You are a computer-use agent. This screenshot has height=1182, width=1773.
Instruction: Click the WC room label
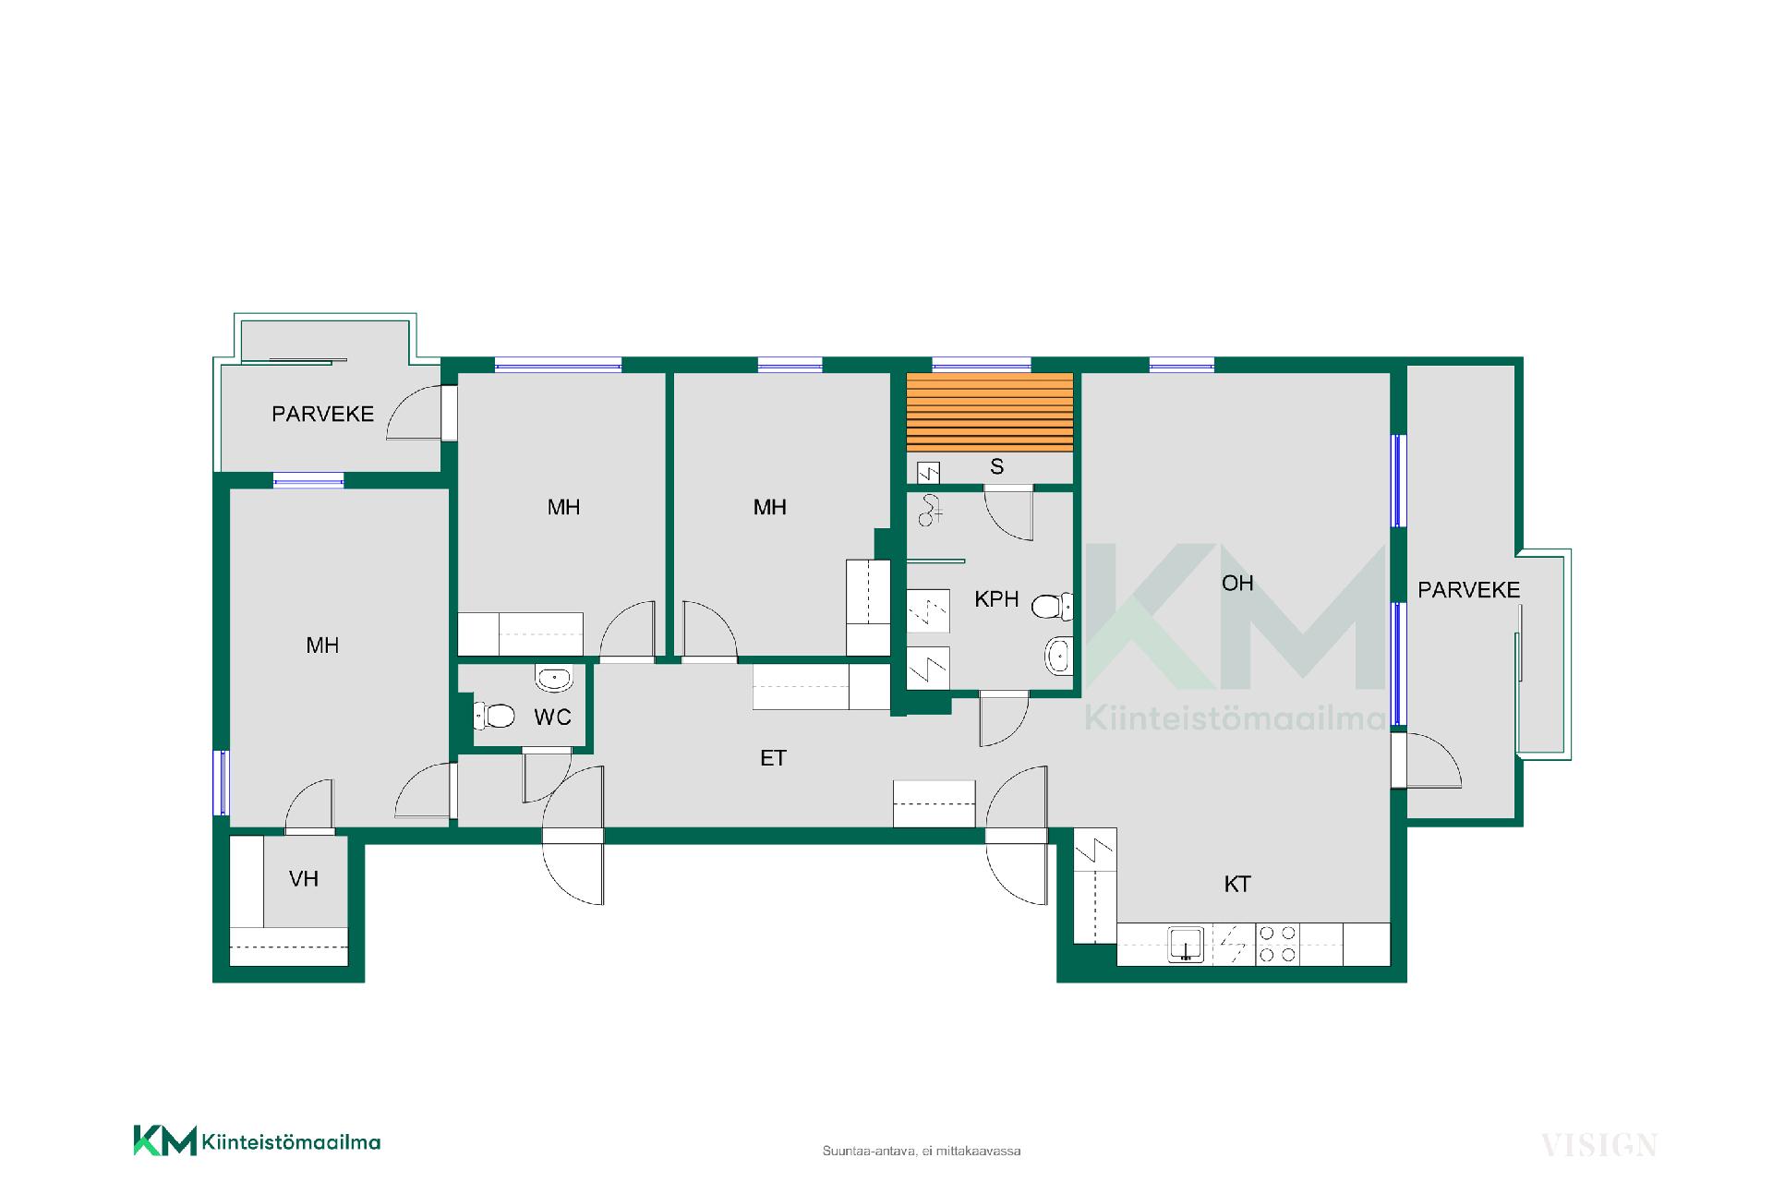coord(552,718)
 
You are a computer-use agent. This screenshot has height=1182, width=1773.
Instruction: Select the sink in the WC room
coord(553,680)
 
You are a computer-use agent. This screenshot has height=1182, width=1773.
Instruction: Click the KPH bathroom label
coord(996,599)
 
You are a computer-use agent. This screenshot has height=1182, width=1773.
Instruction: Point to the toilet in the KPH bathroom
coord(1052,607)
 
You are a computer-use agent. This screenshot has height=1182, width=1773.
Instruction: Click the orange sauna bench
coord(990,412)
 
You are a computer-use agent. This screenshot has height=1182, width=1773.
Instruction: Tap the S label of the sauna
coord(996,467)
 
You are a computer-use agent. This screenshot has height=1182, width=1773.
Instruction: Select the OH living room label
coord(1237,583)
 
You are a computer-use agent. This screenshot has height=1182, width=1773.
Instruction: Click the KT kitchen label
coord(1237,885)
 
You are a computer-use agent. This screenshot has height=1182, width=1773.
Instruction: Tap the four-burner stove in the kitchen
coord(1278,945)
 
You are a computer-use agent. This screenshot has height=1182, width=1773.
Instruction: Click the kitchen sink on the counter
coord(1186,945)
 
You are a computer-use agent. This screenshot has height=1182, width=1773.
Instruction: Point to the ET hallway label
coord(773,758)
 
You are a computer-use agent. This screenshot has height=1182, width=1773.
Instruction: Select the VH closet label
coord(304,879)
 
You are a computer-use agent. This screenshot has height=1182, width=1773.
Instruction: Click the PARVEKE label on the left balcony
coord(323,415)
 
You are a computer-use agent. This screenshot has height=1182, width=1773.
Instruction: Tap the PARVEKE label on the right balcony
coord(1468,590)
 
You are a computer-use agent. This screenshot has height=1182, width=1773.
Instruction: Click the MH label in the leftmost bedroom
coord(322,645)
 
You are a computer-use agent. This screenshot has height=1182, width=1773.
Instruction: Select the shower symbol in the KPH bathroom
coord(928,510)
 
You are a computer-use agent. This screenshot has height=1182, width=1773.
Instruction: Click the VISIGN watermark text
coord(1598,1146)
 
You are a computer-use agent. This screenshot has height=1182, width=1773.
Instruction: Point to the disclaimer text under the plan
coord(922,1152)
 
